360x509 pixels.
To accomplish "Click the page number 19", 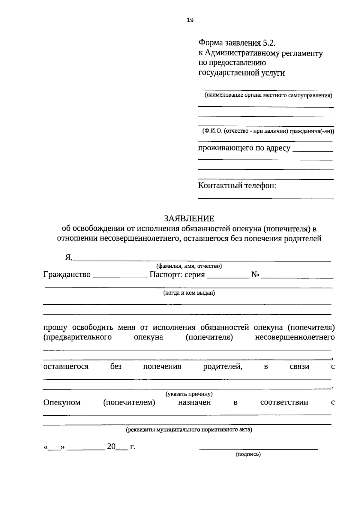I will (190, 20).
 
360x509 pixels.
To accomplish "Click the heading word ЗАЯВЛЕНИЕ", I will (189, 218).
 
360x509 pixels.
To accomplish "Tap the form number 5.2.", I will (269, 43).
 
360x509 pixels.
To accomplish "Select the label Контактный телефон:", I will (237, 185).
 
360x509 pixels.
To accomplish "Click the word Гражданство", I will (67, 274).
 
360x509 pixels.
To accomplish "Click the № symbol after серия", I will (255, 275).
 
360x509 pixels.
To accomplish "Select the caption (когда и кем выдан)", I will (189, 293).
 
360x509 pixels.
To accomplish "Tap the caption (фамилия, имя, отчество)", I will (189, 266).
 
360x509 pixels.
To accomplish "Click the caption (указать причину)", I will (189, 394).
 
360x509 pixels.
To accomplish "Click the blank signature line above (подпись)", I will (259, 449).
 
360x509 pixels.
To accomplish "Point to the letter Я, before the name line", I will (69, 258).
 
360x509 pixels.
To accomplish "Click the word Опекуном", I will (62, 402).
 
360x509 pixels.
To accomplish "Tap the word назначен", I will (194, 402).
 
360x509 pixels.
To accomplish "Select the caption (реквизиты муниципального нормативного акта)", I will (189, 430).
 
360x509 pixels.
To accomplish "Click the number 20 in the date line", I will (111, 447).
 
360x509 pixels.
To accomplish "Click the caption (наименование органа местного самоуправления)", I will (268, 96).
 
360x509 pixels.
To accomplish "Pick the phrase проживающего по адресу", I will (244, 148).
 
